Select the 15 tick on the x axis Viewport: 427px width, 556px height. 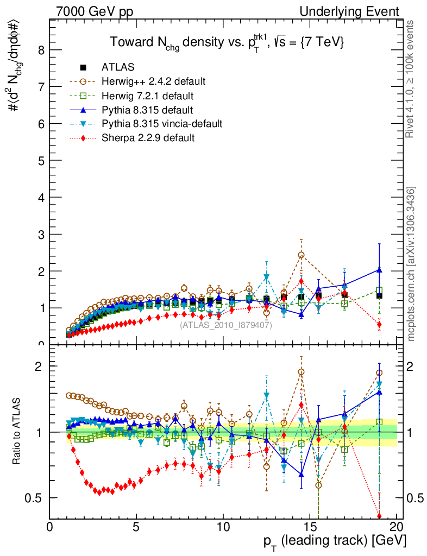(x=310, y=526)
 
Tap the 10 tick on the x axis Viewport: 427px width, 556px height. (x=223, y=526)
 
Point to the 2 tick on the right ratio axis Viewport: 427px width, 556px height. (x=415, y=366)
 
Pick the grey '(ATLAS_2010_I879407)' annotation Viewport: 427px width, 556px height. (x=226, y=325)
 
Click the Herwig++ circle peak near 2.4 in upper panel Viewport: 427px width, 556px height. (x=301, y=255)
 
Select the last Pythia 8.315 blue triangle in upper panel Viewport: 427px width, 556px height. (x=379, y=270)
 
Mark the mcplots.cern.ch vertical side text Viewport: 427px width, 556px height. (x=411, y=264)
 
